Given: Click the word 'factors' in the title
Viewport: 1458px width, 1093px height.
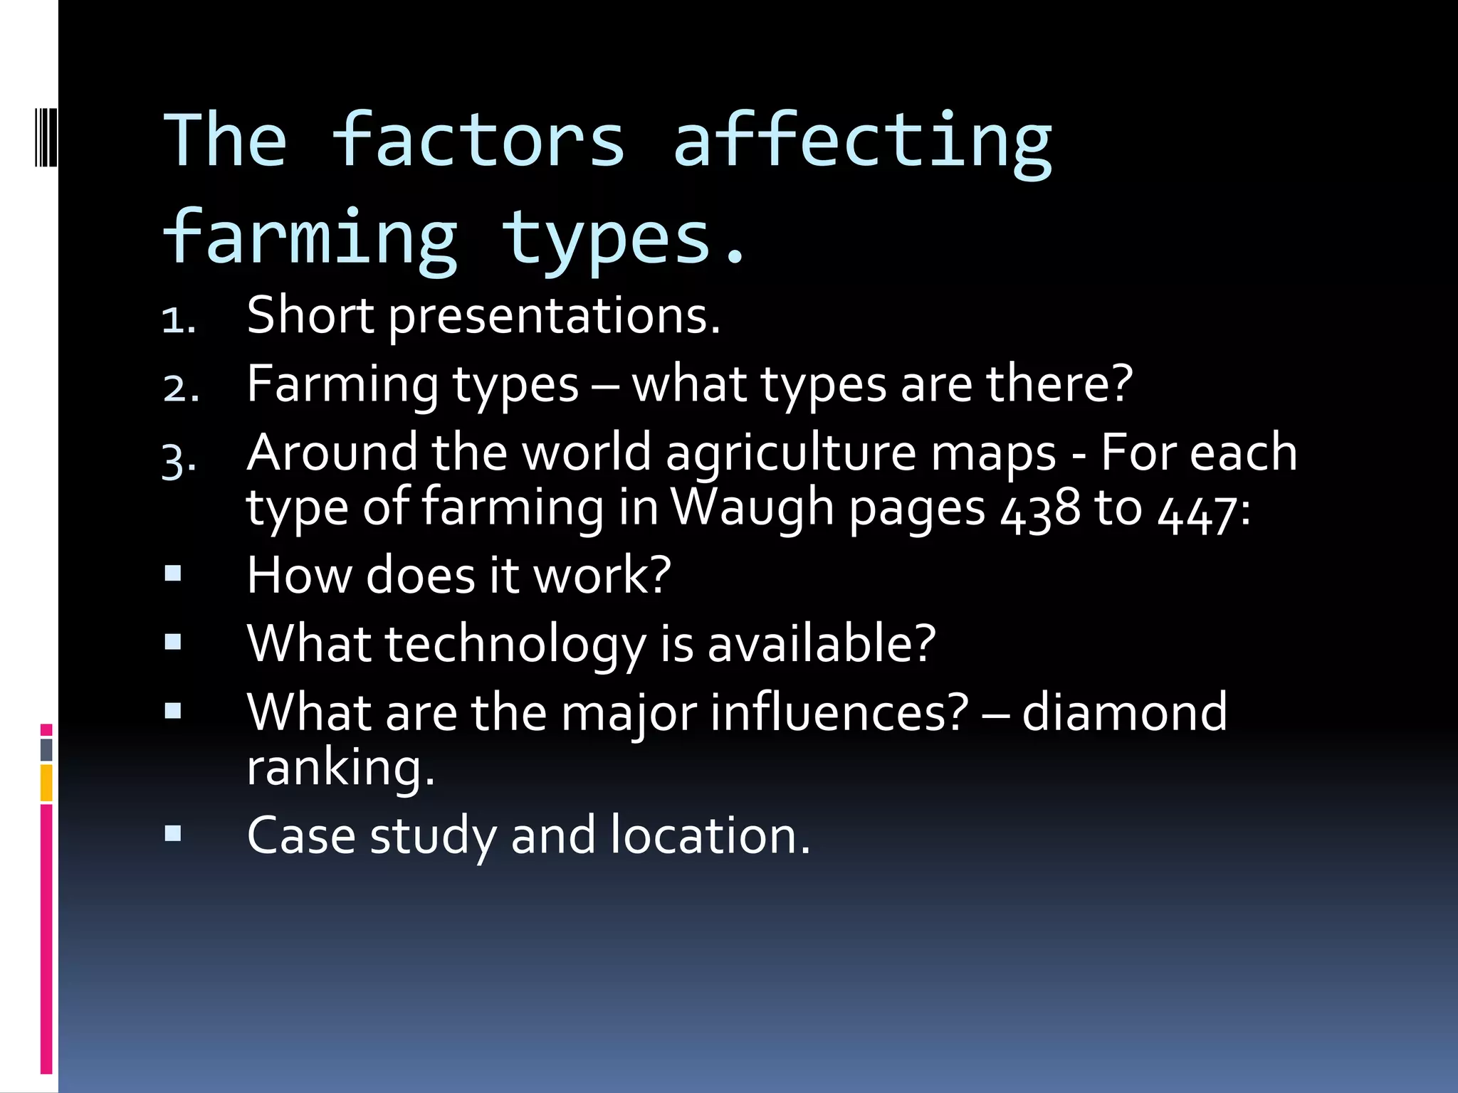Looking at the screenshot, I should point(478,141).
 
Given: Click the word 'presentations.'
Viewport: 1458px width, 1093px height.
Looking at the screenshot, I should point(555,316).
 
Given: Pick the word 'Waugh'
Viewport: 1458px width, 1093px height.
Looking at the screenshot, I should point(752,508).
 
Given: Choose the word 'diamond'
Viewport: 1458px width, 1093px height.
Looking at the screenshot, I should point(1125,712).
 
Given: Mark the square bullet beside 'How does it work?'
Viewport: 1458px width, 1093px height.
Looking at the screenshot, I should point(173,574).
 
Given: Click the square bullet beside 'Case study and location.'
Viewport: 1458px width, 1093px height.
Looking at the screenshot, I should point(173,833).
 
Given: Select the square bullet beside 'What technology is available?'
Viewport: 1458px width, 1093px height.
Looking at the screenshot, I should point(173,642).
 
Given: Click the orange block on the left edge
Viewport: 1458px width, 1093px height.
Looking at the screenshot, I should point(46,783).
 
